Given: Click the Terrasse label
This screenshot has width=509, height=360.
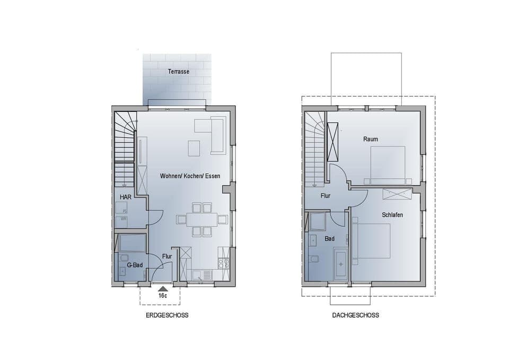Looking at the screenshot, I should coord(179,72).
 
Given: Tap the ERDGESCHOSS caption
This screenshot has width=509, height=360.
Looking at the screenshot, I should coord(167,315).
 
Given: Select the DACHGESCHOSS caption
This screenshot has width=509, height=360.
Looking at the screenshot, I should coord(355,315).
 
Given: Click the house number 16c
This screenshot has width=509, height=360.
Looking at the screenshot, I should coord(163,295).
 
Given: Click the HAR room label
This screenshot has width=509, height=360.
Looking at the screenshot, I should coord(125,197).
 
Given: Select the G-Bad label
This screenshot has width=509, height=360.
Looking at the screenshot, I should coord(135,265).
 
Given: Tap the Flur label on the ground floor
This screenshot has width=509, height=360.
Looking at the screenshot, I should coord(167,257).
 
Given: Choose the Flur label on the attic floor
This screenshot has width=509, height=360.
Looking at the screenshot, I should coord(326,196).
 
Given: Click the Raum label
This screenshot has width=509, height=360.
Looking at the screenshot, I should coord(371,139).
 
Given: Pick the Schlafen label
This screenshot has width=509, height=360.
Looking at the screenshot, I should coord(392,215).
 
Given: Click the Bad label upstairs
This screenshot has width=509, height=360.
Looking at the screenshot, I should coord(330,239).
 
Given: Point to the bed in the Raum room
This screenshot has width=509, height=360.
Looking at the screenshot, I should coord(388,164).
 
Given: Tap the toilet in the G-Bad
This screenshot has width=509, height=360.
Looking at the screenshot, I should coord(126,259).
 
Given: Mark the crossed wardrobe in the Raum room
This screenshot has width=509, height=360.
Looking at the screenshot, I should coord(333,142).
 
